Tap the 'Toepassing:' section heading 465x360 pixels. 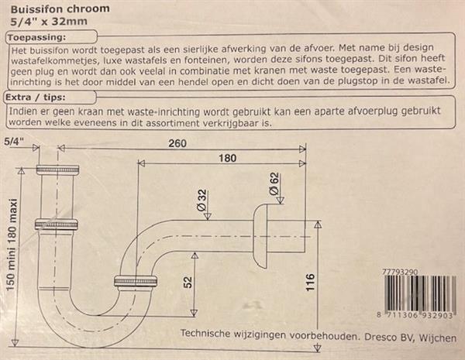[36, 38]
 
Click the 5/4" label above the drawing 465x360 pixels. [13, 142]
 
